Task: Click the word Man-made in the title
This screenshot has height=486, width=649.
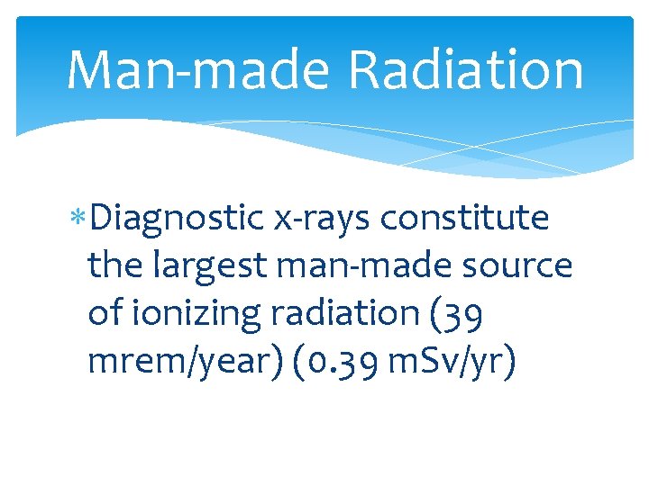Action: pos(195,70)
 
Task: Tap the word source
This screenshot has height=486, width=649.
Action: pos(527,265)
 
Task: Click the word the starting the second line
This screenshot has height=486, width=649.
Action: pos(114,265)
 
